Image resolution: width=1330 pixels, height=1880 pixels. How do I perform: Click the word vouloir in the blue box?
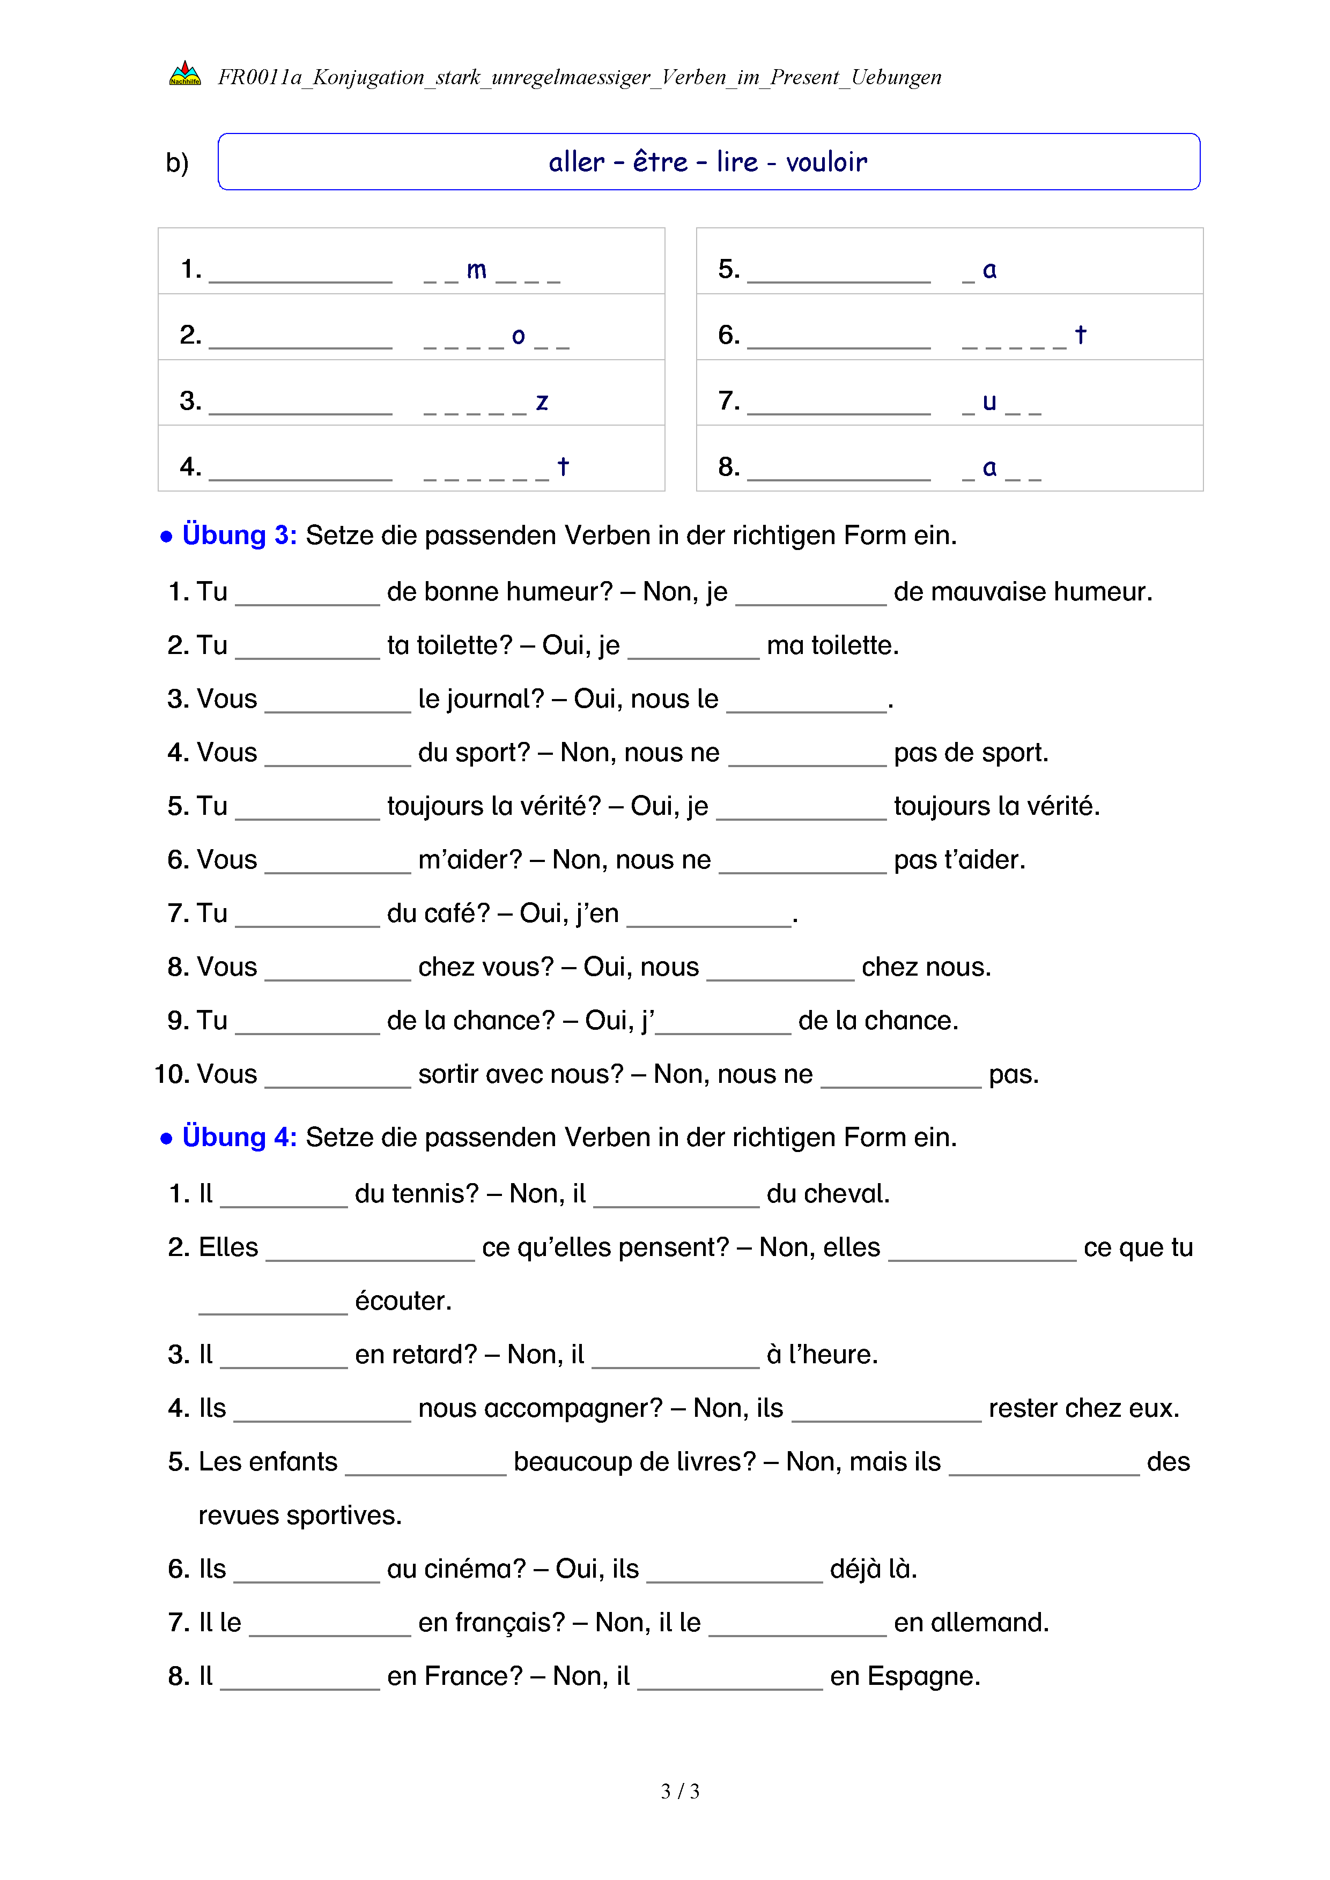click(x=826, y=162)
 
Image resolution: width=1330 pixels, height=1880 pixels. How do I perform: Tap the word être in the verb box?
click(x=660, y=161)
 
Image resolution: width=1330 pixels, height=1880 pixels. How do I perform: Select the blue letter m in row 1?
click(x=476, y=270)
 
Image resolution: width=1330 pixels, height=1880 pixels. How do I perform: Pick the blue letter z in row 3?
click(x=541, y=402)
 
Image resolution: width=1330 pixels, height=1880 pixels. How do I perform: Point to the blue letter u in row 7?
click(x=989, y=402)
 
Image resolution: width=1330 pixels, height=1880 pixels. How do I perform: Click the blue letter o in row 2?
click(x=518, y=336)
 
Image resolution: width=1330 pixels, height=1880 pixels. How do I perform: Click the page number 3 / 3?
click(x=679, y=1792)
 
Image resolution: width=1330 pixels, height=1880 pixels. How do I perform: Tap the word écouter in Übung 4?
click(x=403, y=1301)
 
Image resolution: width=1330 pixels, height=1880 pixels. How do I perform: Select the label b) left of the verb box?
click(x=177, y=163)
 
